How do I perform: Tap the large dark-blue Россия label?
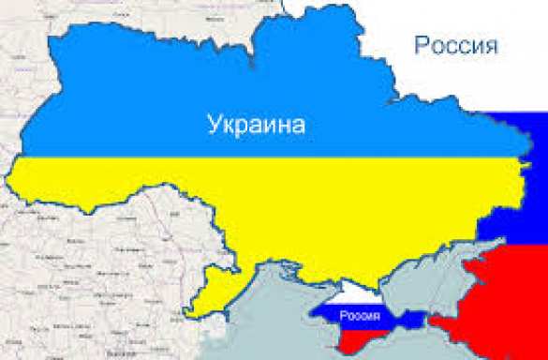click(x=452, y=44)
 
